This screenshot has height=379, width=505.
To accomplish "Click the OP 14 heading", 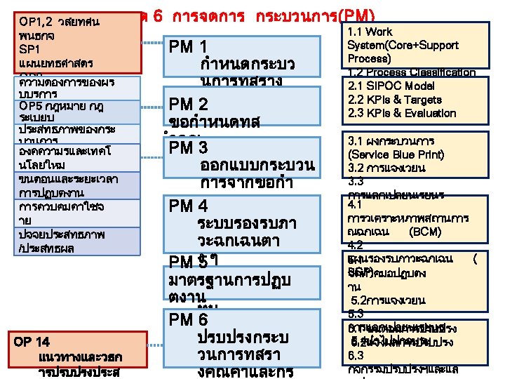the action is [x=32, y=342].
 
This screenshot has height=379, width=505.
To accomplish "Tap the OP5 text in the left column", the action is [x=34, y=106].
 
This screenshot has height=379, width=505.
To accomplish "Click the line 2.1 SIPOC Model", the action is [x=391, y=86].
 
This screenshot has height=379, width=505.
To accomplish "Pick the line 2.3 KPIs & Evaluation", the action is [x=402, y=113].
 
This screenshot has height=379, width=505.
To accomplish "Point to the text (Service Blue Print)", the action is [x=395, y=154].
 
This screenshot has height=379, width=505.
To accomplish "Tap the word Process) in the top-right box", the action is [x=368, y=58].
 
